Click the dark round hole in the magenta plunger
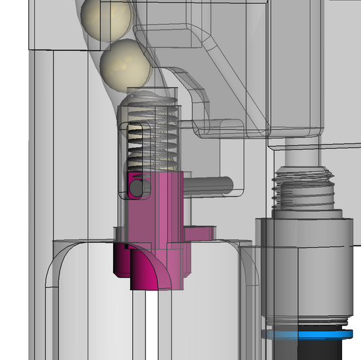click(x=136, y=187)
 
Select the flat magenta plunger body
click(x=156, y=210)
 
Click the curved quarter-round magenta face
click(x=147, y=270)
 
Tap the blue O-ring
click(x=308, y=334)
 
